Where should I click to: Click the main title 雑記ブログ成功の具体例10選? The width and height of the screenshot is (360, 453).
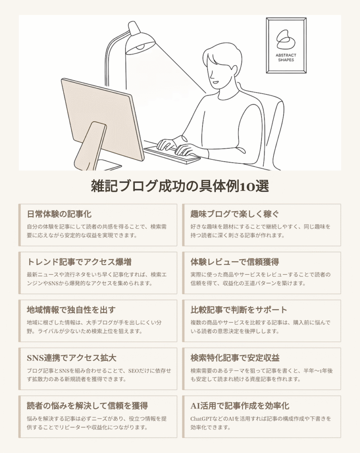pyautogui.click(x=180, y=186)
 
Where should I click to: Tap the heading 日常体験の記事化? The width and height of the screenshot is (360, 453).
pyautogui.click(x=59, y=214)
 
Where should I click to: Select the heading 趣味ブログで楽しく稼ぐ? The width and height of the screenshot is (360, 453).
pyautogui.click(x=235, y=214)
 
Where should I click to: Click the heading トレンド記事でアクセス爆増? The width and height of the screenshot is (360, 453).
pyautogui.click(x=79, y=262)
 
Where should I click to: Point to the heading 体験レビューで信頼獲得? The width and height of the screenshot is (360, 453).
pyautogui.click(x=235, y=262)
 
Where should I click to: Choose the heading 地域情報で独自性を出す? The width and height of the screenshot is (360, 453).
pyautogui.click(x=71, y=310)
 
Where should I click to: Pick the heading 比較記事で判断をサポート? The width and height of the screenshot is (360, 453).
pyautogui.click(x=239, y=310)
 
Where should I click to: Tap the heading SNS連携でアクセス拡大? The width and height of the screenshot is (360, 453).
pyautogui.click(x=71, y=358)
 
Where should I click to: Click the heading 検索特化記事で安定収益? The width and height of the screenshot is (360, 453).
pyautogui.click(x=235, y=358)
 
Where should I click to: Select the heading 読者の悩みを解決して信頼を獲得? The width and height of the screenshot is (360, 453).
pyautogui.click(x=87, y=406)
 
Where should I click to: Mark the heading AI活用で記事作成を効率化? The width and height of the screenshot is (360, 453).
pyautogui.click(x=240, y=406)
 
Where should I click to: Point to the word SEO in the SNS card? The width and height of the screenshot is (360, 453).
pyautogui.click(x=134, y=371)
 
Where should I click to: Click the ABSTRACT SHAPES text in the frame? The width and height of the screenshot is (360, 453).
pyautogui.click(x=286, y=58)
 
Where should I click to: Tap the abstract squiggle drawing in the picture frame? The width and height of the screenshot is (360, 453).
pyautogui.click(x=286, y=39)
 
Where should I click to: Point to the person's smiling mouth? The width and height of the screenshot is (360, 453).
pyautogui.click(x=215, y=82)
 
